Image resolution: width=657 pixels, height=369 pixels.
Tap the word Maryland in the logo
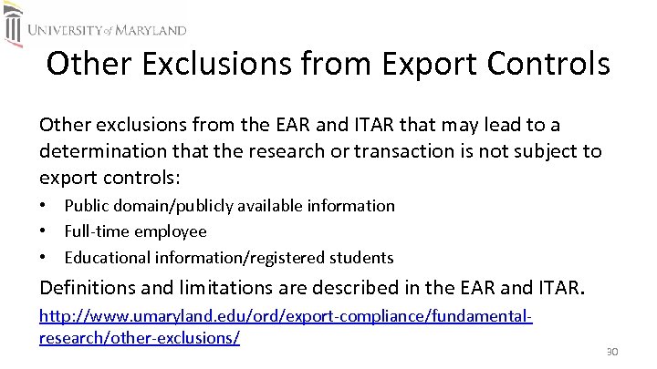150,30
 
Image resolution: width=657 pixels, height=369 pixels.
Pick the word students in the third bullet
362,257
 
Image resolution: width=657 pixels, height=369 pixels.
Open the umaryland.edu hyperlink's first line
285,318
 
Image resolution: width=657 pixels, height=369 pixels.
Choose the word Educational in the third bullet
103,257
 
